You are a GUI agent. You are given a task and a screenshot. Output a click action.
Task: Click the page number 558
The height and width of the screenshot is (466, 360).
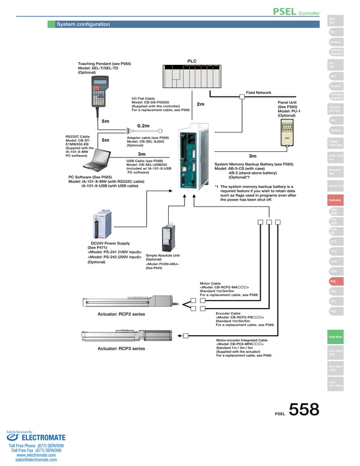(x=304, y=410)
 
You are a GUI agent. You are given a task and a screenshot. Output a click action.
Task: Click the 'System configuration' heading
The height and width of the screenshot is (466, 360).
(x=83, y=24)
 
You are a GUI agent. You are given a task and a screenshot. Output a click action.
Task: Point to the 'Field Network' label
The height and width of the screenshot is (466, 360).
(x=258, y=93)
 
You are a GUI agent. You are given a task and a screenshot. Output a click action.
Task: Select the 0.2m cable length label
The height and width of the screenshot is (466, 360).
(x=143, y=126)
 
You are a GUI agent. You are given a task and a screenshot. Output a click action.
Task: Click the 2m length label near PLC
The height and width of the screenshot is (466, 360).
(x=200, y=104)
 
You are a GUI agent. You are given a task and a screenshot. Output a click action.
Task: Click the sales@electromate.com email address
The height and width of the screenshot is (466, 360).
(x=37, y=460)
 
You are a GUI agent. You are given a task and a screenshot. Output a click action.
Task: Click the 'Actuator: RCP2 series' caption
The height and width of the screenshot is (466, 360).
(x=121, y=314)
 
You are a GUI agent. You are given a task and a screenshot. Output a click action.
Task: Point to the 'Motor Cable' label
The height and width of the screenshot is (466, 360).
(x=210, y=284)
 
